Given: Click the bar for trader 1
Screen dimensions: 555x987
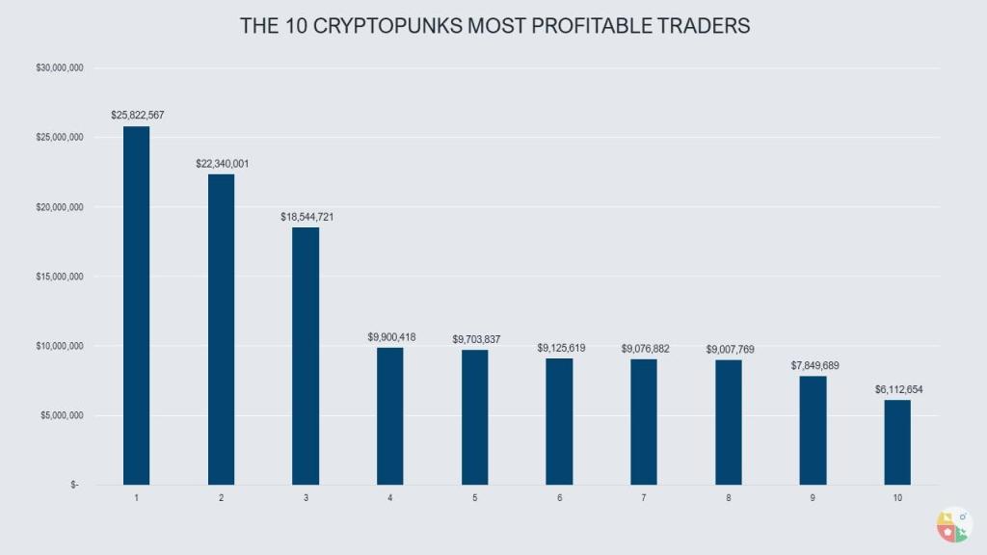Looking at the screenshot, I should pyautogui.click(x=136, y=305).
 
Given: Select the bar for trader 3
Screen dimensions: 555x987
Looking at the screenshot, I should pyautogui.click(x=306, y=356).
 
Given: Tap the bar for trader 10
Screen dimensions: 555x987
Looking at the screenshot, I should pyautogui.click(x=897, y=442).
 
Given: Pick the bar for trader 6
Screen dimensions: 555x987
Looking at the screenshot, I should pyautogui.click(x=559, y=421).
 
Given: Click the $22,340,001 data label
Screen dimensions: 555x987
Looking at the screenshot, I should pyautogui.click(x=221, y=164).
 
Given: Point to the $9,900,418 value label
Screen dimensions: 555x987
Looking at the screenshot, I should pyautogui.click(x=390, y=337).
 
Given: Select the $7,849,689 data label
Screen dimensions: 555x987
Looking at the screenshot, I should pyautogui.click(x=813, y=365).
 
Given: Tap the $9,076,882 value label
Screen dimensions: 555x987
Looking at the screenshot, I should pyautogui.click(x=644, y=348).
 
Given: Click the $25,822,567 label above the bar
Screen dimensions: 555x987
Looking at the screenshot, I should pyautogui.click(x=137, y=116).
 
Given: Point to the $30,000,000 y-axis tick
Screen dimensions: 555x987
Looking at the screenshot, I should pyautogui.click(x=59, y=68).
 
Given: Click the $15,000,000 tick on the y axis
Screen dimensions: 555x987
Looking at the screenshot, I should pyautogui.click(x=59, y=277).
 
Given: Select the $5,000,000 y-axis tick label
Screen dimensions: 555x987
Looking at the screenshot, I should pyautogui.click(x=61, y=415).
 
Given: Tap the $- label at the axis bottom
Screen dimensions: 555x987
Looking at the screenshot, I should pyautogui.click(x=75, y=485).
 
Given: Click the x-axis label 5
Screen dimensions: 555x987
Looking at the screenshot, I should pyautogui.click(x=475, y=498).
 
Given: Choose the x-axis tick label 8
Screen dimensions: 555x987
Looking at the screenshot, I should pyautogui.click(x=729, y=498).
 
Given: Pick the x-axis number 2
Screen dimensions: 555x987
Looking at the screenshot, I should pyautogui.click(x=221, y=498).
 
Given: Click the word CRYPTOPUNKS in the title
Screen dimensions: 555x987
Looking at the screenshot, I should pyautogui.click(x=389, y=27).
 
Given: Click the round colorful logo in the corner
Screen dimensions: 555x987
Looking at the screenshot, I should pyautogui.click(x=953, y=524).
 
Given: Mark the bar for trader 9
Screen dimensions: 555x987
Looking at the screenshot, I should pyautogui.click(x=813, y=430).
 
